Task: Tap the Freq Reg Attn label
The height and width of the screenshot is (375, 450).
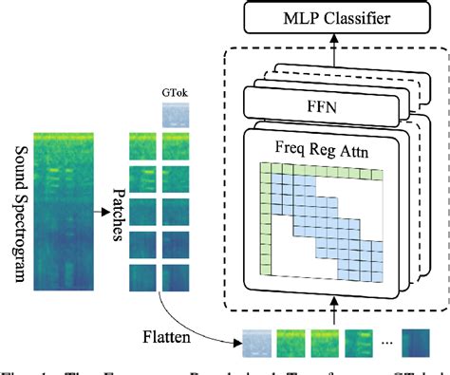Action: click(323, 148)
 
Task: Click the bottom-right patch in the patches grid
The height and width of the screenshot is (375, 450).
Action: click(178, 277)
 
